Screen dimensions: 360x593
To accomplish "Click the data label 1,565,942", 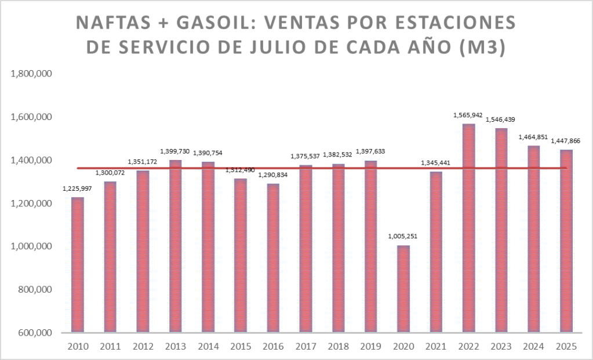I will click(x=469, y=115).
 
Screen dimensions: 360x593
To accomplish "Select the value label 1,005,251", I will click(x=403, y=237).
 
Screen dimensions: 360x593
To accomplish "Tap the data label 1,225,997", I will click(x=77, y=188).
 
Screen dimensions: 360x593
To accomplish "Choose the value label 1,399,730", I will click(x=175, y=151).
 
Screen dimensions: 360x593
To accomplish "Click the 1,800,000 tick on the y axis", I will click(x=32, y=74).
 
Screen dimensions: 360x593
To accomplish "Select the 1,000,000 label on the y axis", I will click(x=32, y=246).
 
